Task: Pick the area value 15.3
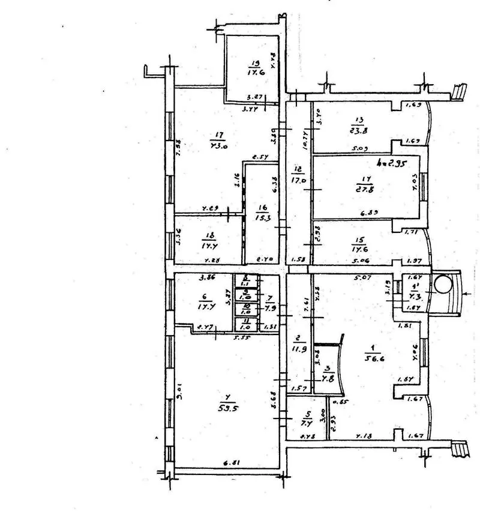click(x=262, y=216)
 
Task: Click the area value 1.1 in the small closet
click(x=245, y=283)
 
